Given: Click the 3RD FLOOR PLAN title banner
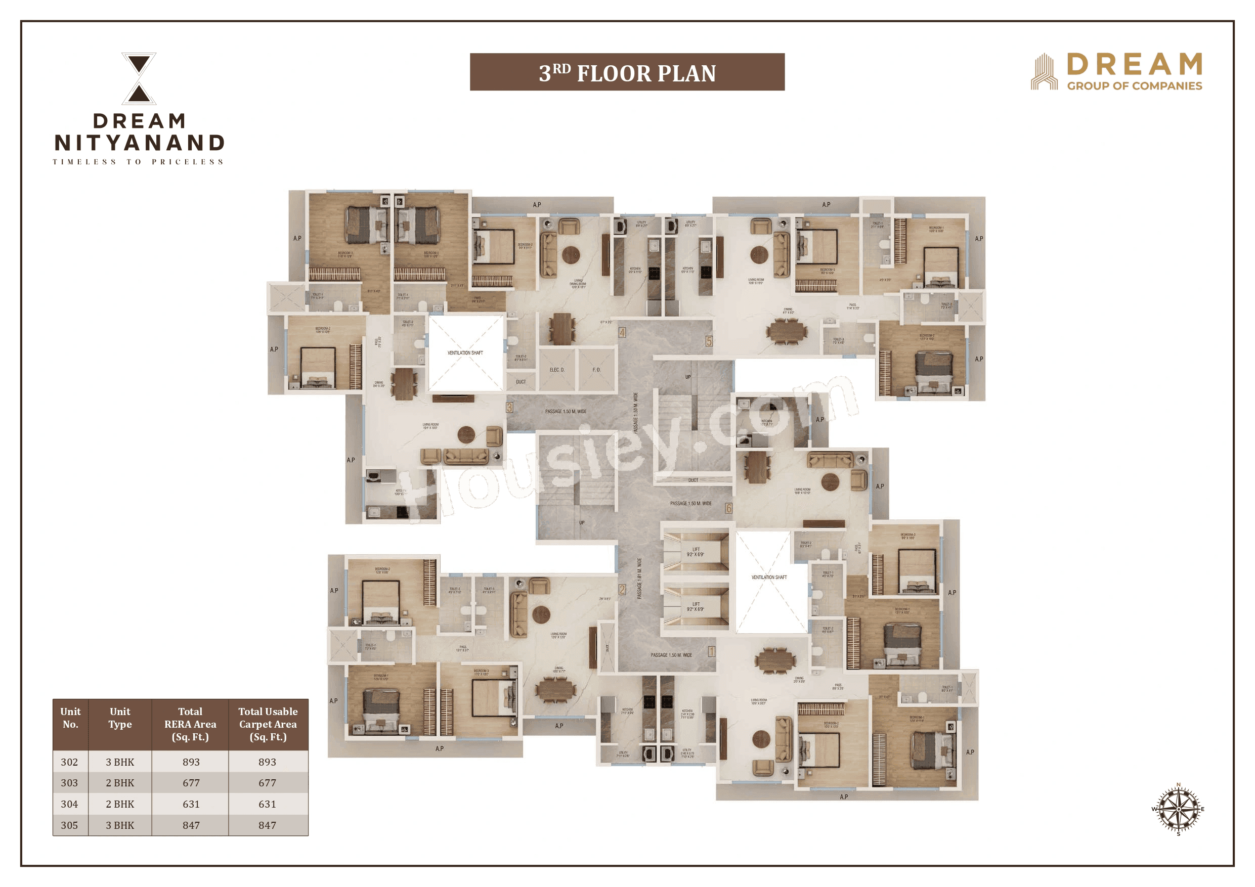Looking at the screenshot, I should tap(627, 72).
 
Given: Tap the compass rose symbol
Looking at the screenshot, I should tap(1178, 809).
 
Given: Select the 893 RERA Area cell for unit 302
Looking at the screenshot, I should tap(191, 762).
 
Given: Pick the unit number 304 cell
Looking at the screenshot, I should tap(69, 804).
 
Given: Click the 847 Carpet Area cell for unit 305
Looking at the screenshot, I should tap(267, 825).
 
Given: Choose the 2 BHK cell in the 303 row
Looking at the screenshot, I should tap(120, 783).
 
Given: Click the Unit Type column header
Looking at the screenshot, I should tap(120, 718).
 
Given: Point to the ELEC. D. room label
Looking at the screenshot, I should tap(557, 370).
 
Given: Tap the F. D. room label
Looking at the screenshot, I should tap(596, 370).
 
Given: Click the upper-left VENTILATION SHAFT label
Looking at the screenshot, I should tap(465, 353).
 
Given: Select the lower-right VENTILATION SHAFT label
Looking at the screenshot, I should tap(769, 577).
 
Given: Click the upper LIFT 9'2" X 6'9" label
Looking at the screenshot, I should tap(696, 552).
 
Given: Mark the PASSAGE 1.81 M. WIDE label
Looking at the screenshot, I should tap(639, 578).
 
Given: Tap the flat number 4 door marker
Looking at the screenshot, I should tap(622, 332).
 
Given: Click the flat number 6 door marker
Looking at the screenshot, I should tap(728, 508).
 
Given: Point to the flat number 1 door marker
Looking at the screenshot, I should tap(712, 651).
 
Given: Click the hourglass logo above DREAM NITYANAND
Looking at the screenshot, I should tap(139, 78).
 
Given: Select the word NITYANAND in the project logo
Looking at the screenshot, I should tap(140, 143).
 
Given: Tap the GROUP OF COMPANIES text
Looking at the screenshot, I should tap(1134, 86).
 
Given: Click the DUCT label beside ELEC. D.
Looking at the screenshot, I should tap(521, 382).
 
